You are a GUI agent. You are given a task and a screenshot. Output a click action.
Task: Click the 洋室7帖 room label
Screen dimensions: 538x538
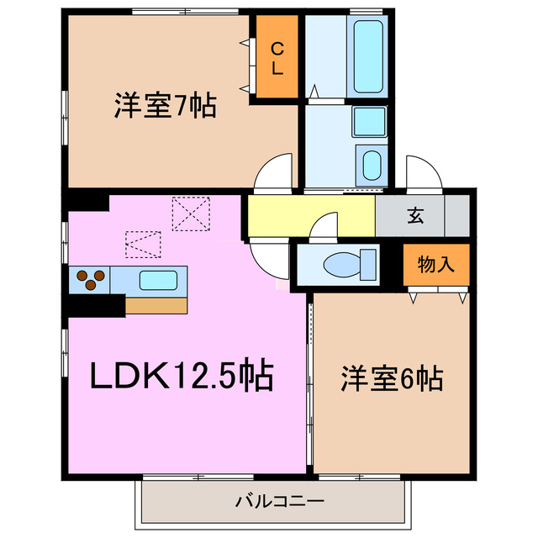point(166,107)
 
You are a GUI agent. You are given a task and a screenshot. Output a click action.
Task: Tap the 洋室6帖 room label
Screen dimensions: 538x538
point(393,379)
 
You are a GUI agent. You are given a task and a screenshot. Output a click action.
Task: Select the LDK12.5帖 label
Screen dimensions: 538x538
point(182,375)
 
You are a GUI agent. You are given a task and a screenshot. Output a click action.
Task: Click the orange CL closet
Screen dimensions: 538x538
point(277,58)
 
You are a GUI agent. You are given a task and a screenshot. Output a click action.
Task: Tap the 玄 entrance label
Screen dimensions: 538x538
point(415,215)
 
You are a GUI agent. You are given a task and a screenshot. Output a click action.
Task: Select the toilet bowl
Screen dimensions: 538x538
point(345,265)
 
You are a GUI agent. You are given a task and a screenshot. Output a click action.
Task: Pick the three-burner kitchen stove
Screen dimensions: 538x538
point(90,279)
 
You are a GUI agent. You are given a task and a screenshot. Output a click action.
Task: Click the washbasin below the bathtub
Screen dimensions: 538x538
point(370,163)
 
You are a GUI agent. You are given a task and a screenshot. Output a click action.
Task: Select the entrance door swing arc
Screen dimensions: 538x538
point(424,171)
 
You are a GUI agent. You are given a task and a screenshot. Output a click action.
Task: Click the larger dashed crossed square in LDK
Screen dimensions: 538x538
point(190,213)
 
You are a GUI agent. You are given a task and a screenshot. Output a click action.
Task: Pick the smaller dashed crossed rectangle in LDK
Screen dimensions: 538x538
point(142,245)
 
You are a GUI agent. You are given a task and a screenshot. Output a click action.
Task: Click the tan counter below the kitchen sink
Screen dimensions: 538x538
point(156,303)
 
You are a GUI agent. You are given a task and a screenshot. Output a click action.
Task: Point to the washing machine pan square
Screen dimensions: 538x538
point(369,122)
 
